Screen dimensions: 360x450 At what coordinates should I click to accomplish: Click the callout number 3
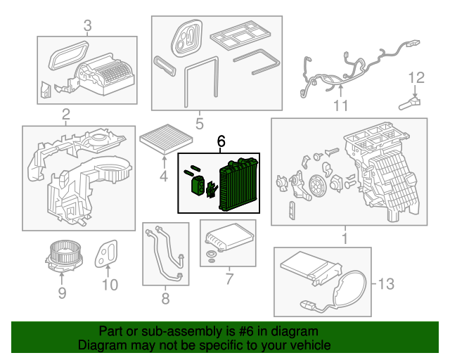point(87,27)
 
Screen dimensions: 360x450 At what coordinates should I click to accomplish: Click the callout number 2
point(65,115)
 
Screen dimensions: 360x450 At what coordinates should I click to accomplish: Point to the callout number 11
point(341,106)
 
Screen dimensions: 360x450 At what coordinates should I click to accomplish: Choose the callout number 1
point(345,239)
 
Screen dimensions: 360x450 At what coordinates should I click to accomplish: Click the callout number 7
point(229,279)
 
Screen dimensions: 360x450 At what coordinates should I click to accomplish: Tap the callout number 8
point(166,299)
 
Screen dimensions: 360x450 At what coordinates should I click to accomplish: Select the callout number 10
point(110,285)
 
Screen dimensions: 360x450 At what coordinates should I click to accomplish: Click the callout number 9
point(62,291)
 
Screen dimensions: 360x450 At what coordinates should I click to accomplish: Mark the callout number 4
point(163,177)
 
